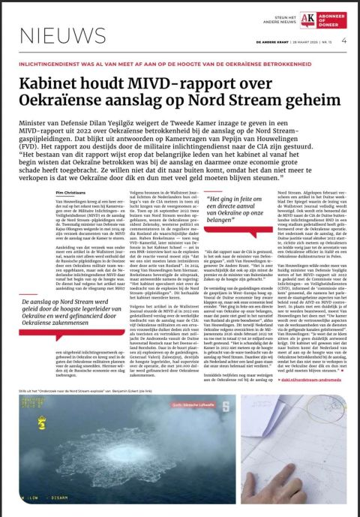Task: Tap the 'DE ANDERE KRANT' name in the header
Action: [x=253, y=42]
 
